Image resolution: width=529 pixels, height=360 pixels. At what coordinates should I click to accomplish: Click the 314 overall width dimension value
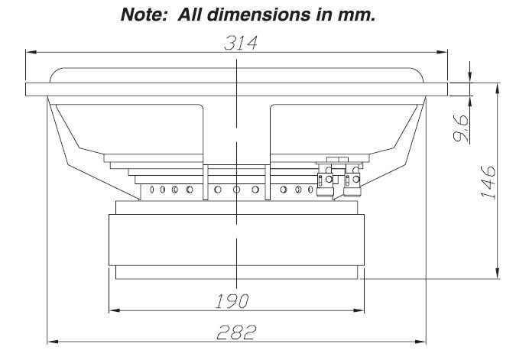(x=239, y=44)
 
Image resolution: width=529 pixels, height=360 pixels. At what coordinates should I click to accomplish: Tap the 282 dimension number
(x=235, y=332)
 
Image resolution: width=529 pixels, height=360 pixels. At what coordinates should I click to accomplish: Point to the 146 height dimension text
(x=490, y=181)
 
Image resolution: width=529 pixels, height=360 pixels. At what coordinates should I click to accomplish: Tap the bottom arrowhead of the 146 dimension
(x=498, y=274)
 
